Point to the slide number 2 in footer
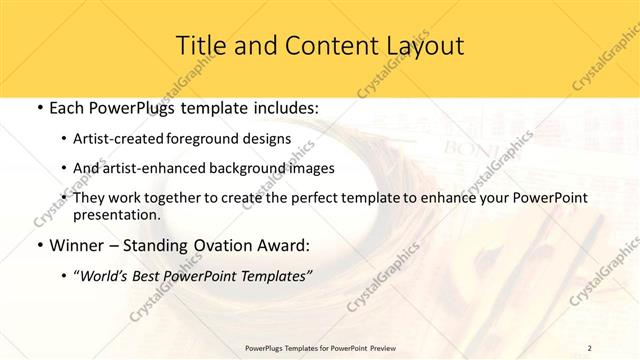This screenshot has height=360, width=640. click(x=589, y=348)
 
